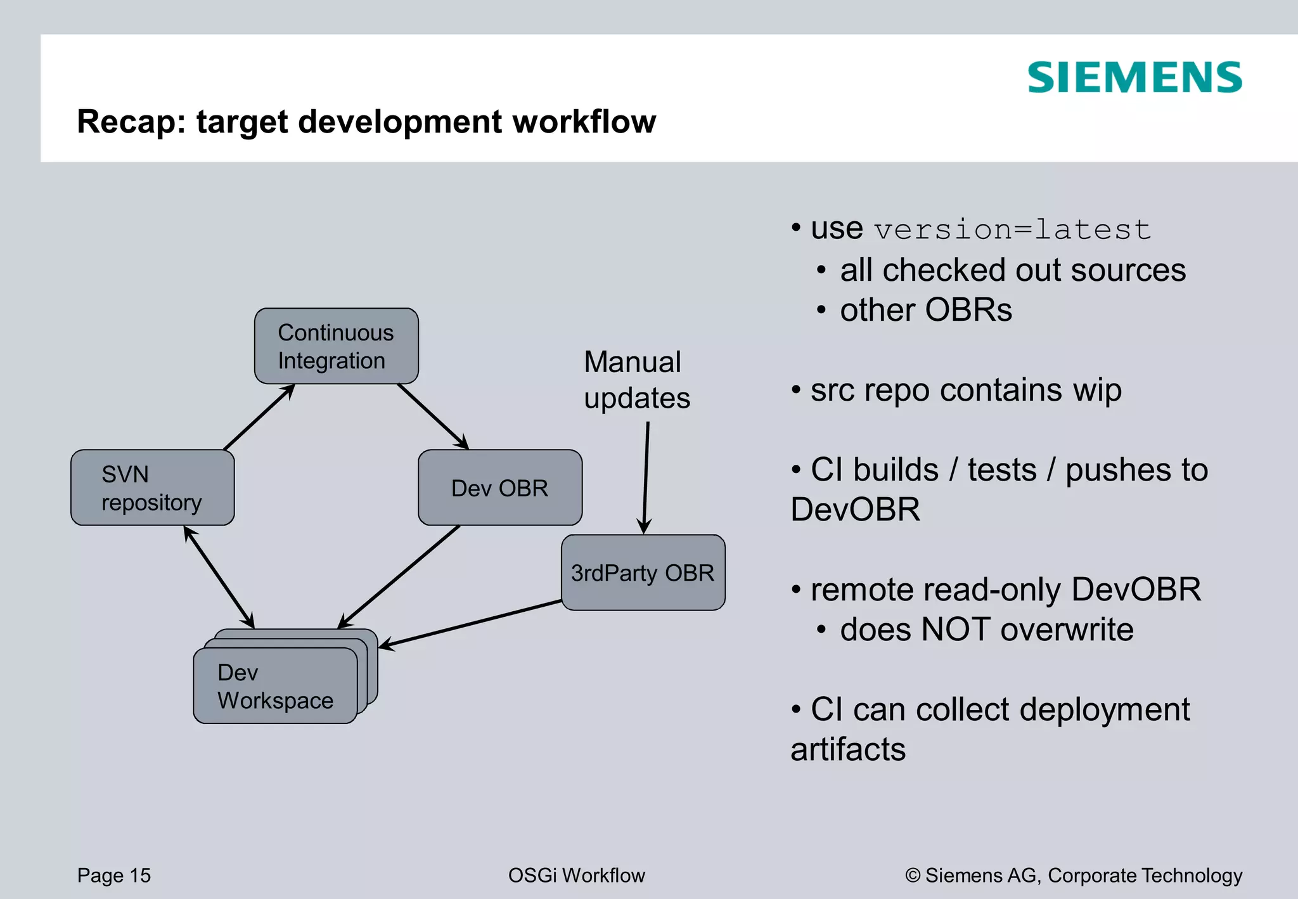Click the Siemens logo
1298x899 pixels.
pos(1134,78)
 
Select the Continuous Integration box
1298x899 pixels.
pos(336,346)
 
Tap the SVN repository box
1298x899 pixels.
pos(152,488)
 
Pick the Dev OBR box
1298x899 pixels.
pos(499,488)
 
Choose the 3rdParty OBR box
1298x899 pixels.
pos(643,572)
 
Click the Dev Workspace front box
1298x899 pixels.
pos(274,686)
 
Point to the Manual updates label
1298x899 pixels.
pos(636,380)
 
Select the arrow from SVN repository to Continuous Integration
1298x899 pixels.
pos(259,418)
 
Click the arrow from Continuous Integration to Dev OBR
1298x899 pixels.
pos(433,417)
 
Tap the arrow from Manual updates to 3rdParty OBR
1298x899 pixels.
pos(646,479)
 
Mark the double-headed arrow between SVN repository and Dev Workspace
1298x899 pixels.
pos(219,577)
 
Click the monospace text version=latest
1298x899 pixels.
pos(1012,230)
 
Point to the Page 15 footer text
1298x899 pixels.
pos(114,876)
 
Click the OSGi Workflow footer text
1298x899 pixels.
pos(576,876)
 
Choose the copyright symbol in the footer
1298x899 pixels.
pos(913,876)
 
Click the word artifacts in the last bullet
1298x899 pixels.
pos(848,749)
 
